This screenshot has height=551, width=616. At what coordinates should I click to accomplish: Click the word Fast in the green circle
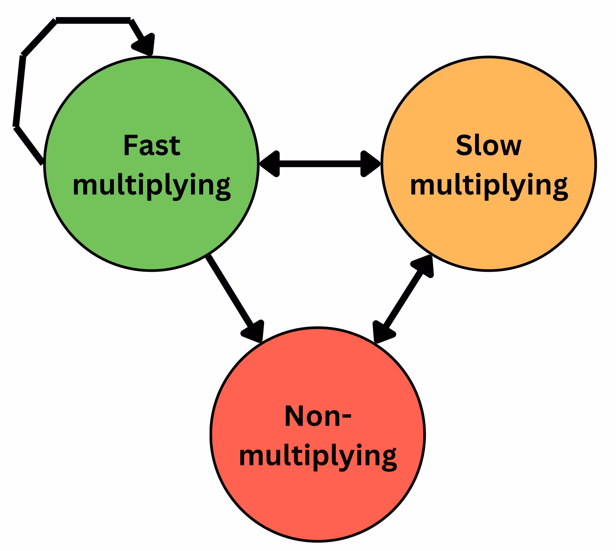(x=152, y=145)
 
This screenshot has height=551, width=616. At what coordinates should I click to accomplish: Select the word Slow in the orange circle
(x=489, y=145)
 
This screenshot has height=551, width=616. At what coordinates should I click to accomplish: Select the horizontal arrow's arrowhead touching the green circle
(x=270, y=164)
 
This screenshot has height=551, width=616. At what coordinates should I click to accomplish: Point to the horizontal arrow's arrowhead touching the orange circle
(x=370, y=164)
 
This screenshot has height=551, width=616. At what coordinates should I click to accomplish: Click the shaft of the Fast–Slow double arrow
(x=320, y=164)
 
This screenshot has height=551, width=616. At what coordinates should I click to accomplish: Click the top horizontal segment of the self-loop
(x=93, y=20)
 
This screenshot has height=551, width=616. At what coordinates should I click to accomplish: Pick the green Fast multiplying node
(x=151, y=164)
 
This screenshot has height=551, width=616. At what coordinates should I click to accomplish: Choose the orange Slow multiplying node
(x=489, y=164)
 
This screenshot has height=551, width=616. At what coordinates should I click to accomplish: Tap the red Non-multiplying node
(x=318, y=434)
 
